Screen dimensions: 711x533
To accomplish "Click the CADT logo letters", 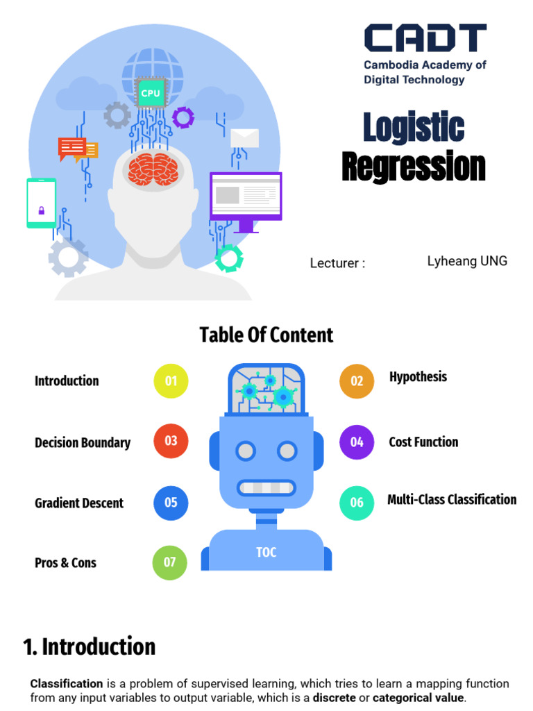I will [x=425, y=38].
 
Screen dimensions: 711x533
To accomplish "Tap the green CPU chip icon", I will [x=150, y=93].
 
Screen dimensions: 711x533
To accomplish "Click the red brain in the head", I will [x=152, y=169].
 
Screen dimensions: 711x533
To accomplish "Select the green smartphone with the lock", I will [x=41, y=203].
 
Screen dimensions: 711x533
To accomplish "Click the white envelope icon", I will [x=244, y=138].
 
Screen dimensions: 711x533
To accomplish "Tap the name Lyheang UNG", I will [x=467, y=261].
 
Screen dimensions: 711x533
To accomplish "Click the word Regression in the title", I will [x=414, y=167].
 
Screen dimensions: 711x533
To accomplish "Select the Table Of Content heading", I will [x=266, y=335].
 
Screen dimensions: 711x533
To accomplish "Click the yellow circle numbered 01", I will [x=171, y=380].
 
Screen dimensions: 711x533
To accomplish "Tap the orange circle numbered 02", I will [x=357, y=380].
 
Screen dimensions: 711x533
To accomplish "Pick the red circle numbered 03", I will [x=171, y=441].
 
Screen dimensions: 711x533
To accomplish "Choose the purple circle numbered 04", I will [x=357, y=442].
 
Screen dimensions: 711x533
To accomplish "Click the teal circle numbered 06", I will [x=357, y=503].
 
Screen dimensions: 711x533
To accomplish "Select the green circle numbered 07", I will [x=170, y=562].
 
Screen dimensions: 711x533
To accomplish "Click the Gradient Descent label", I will [x=79, y=503].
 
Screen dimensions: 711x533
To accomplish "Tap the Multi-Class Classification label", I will [x=452, y=499].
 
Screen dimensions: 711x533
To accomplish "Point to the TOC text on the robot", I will [x=266, y=552].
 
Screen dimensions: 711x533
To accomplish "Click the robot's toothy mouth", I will [x=266, y=487].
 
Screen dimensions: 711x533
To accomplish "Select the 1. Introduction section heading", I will [x=90, y=646].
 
